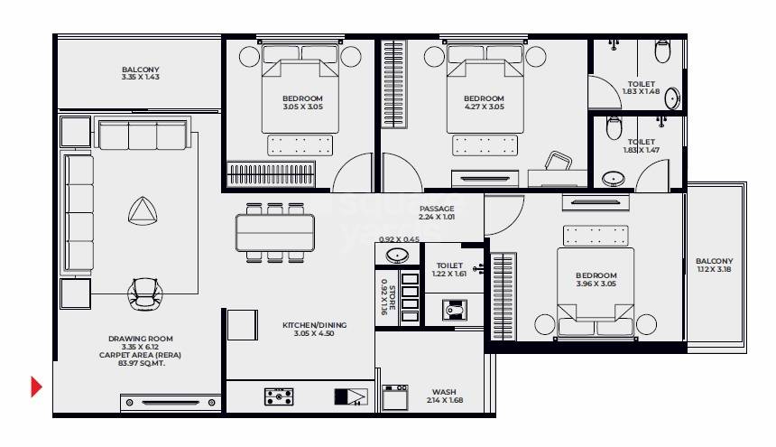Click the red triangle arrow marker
(x=36, y=386)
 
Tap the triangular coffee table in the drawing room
(x=142, y=212)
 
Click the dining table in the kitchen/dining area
(x=275, y=231)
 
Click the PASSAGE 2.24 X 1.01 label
(x=436, y=213)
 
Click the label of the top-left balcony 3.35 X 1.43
(x=140, y=73)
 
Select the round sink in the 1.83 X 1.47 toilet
(x=614, y=178)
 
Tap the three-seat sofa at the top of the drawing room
(x=142, y=136)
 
